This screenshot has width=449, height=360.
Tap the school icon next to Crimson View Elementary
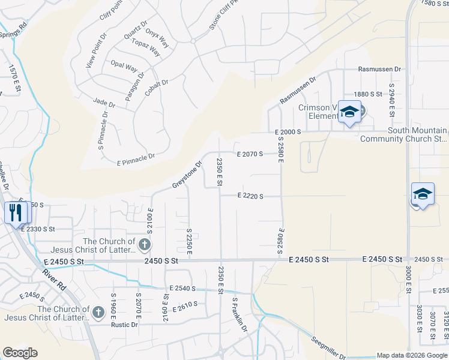[x=349, y=112]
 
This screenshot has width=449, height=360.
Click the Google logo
[x=20, y=353]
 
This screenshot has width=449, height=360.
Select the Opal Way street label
[x=124, y=66]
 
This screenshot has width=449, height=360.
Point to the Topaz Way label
[x=146, y=47]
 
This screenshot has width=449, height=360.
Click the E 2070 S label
[x=250, y=154]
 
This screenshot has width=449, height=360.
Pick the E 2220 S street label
[x=250, y=196]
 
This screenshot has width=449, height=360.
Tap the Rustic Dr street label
[x=124, y=325]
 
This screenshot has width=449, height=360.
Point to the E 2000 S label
[x=287, y=131]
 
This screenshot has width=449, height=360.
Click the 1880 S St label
[x=368, y=94]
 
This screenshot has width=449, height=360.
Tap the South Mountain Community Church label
[x=403, y=134]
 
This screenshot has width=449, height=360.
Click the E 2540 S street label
[x=183, y=289]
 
